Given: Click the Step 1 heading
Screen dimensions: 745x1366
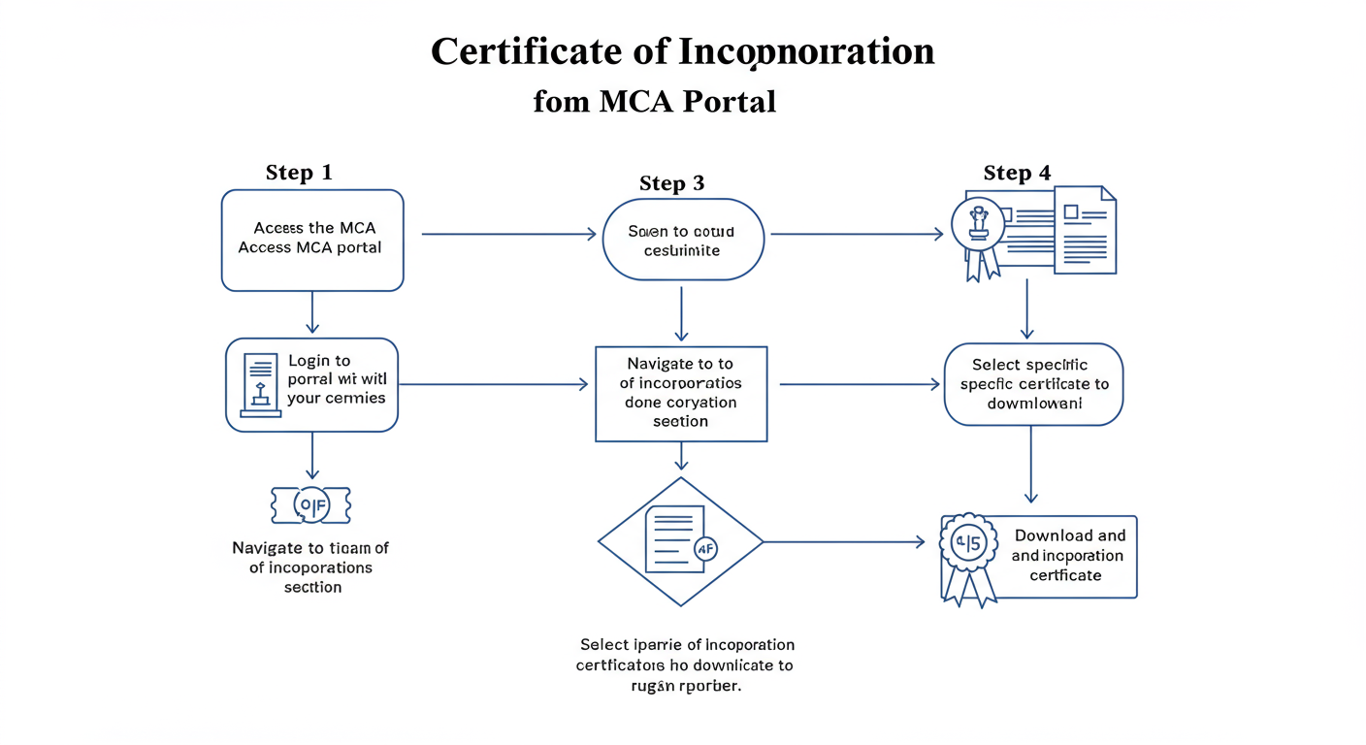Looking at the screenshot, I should tap(299, 173).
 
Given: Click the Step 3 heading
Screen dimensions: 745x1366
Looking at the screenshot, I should tap(671, 183).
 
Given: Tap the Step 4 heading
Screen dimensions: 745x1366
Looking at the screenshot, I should tap(1017, 173).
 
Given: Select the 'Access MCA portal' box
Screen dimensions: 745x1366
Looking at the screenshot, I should tap(312, 240).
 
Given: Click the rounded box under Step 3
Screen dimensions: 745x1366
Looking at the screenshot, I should tap(682, 240).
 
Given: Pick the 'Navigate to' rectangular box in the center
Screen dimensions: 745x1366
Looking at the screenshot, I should tap(680, 393).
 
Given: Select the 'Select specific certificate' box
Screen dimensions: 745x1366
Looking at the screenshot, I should tap(1033, 384).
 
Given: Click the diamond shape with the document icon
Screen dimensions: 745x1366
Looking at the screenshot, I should tap(680, 541).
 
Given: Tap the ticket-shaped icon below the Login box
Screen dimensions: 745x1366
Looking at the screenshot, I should tap(310, 504).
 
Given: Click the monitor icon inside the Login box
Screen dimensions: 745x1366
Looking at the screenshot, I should tap(259, 384).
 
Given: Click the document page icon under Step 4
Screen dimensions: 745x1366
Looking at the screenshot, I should tap(1085, 230).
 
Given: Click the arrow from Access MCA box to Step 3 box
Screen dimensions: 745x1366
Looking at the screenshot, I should tap(508, 234).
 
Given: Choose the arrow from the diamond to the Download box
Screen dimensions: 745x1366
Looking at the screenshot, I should tap(844, 542).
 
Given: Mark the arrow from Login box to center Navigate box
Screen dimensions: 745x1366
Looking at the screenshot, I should tap(493, 384).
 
